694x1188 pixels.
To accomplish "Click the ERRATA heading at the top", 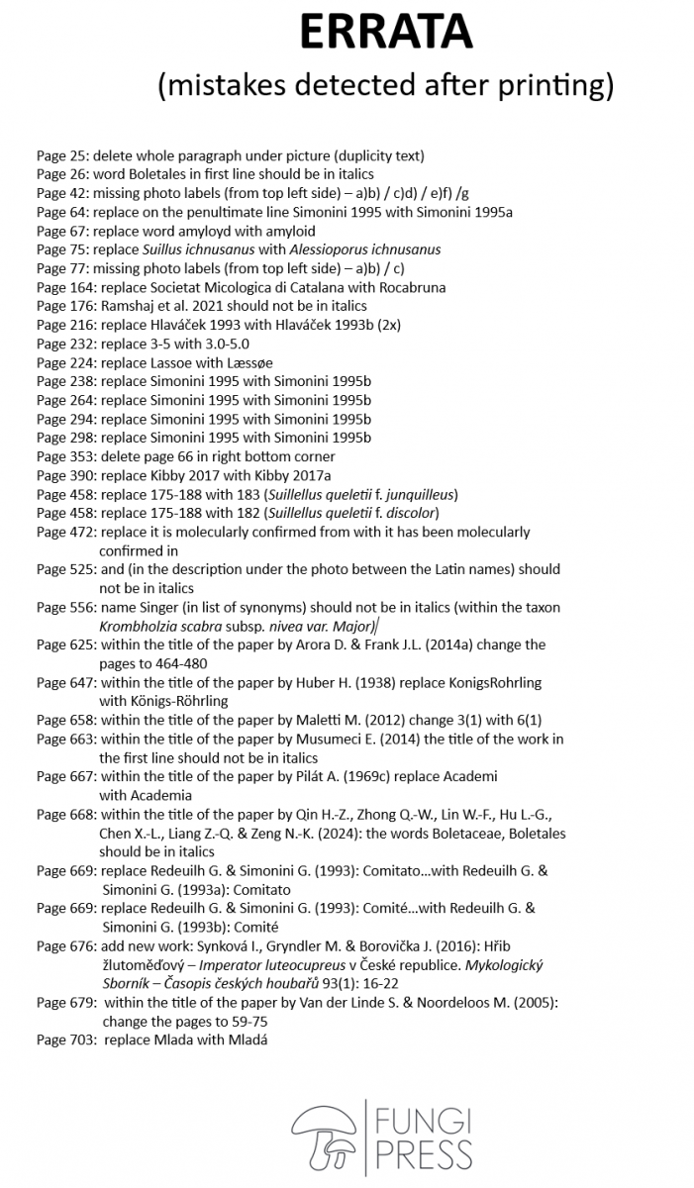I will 386,35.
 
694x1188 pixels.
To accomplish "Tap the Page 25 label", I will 61,155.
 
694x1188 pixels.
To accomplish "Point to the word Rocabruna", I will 410,287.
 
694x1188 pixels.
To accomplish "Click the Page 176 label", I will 65,306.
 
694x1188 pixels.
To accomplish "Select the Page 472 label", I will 65,532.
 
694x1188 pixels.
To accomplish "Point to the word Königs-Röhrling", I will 163,701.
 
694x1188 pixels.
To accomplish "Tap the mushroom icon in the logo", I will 323,1135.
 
